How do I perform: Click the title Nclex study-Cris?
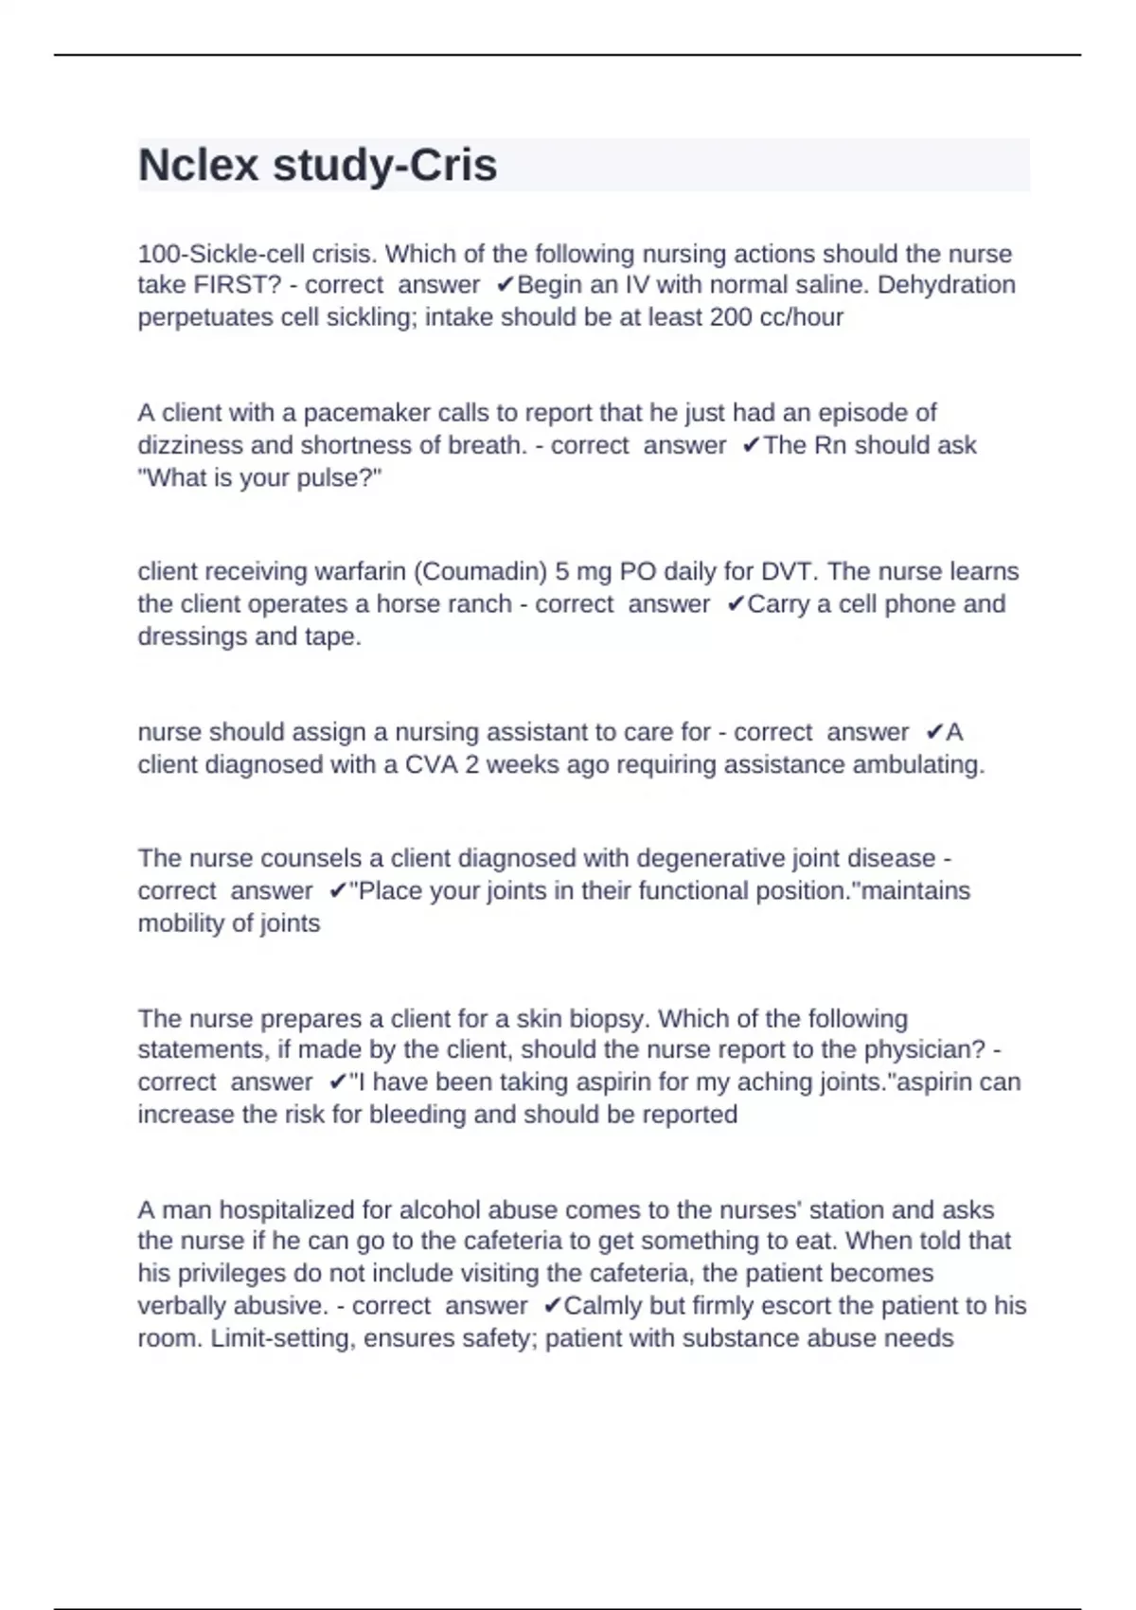[317, 166]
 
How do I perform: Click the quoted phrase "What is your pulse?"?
[259, 478]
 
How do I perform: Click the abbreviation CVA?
[430, 765]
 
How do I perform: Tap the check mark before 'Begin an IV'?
[506, 285]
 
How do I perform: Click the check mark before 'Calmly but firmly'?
[553, 1306]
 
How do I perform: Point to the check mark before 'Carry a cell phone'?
[736, 604]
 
